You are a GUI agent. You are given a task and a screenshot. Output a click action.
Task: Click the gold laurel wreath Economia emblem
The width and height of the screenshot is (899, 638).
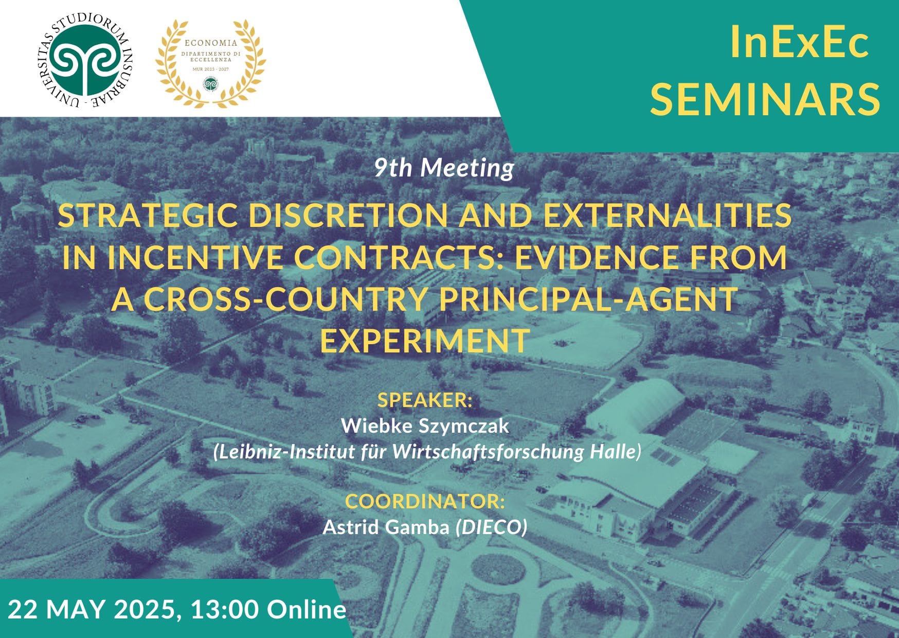coord(210,63)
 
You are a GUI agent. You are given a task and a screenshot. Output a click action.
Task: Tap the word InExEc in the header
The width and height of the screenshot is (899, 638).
coord(799,43)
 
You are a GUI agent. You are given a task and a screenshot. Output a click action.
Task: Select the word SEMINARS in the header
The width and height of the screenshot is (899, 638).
coord(765,99)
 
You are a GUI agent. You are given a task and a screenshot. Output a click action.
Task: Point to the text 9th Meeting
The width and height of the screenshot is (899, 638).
coord(444,168)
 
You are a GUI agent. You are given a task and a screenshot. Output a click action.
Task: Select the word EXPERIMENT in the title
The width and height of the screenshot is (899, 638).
coord(425,341)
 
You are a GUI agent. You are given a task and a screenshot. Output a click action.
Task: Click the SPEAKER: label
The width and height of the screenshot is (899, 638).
coord(425,400)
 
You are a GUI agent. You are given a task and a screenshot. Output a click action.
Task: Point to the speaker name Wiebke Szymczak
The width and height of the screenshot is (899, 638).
coord(425,426)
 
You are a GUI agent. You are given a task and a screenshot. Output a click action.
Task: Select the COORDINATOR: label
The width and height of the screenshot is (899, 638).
coord(425,501)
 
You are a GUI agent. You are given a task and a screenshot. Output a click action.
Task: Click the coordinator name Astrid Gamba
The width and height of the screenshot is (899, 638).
coord(386,527)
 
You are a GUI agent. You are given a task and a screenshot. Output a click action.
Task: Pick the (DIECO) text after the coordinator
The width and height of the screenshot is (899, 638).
coord(492,527)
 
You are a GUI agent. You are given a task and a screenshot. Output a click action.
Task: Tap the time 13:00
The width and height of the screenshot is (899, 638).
coord(224,610)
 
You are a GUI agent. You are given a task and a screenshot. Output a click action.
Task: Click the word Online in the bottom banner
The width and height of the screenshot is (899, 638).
coord(307,610)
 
